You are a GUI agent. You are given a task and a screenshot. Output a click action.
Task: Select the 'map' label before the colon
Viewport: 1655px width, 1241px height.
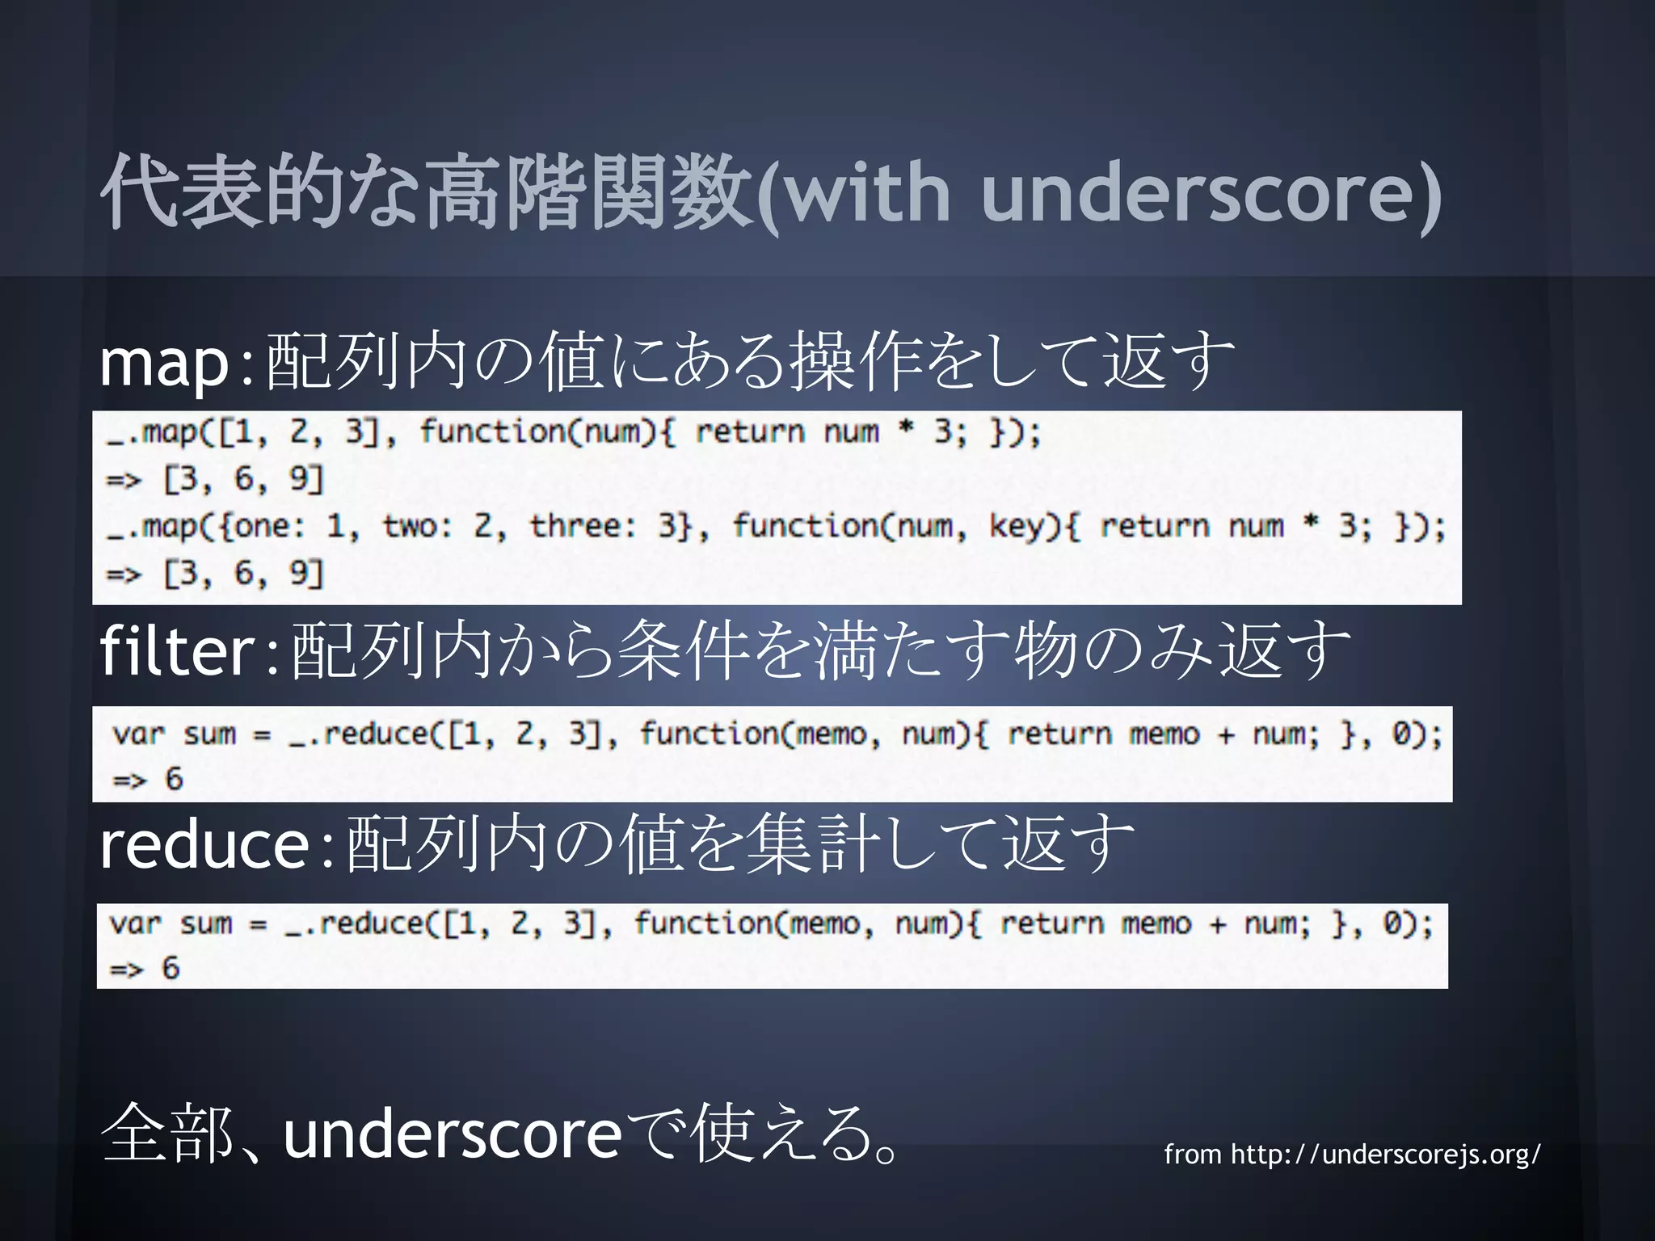click(165, 364)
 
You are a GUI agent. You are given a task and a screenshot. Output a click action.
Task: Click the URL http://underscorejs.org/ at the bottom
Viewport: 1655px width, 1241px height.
click(1385, 1154)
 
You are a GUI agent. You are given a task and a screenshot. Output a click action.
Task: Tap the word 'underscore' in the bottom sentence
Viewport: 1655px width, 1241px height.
click(453, 1134)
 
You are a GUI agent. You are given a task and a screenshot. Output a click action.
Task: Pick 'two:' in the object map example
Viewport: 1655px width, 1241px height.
click(417, 526)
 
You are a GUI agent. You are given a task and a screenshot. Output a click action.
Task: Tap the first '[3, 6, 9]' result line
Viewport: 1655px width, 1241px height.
click(243, 479)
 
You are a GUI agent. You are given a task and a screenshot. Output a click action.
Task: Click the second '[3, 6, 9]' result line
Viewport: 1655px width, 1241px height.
click(243, 574)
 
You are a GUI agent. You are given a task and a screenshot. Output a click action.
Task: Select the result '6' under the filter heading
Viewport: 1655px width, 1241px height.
click(174, 779)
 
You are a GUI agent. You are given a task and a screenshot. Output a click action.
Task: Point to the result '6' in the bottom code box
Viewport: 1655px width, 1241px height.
click(171, 968)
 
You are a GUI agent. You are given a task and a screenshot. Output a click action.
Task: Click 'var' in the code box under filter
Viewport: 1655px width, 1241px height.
click(139, 734)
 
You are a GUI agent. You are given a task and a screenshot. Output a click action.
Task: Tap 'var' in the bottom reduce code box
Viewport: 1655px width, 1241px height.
click(135, 923)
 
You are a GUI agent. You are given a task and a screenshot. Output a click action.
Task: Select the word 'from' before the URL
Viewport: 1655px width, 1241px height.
click(1192, 1154)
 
